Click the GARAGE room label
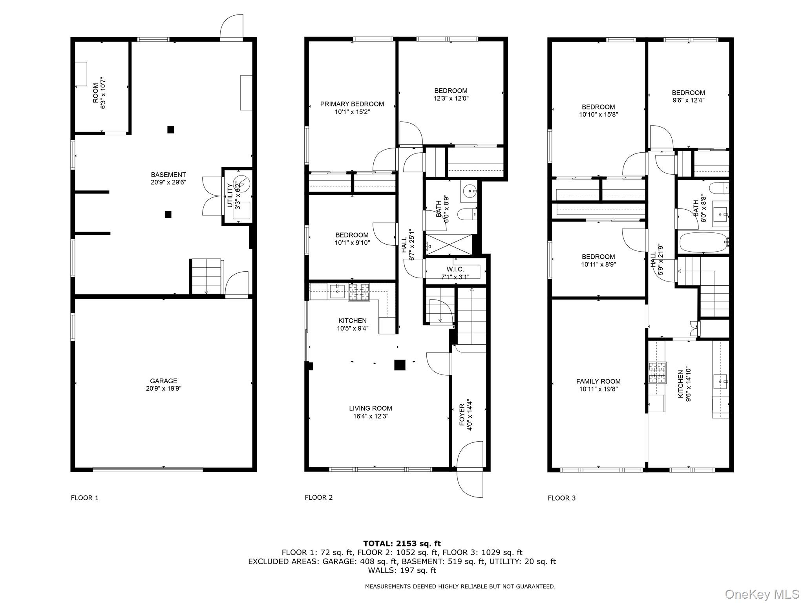[163, 381]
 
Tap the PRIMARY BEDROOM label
[352, 104]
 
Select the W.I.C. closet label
[455, 269]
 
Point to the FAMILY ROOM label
[598, 381]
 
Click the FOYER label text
[462, 415]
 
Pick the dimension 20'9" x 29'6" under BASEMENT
[168, 182]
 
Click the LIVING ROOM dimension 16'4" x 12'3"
[370, 416]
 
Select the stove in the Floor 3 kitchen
[657, 373]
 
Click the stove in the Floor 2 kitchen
[359, 292]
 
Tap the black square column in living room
[400, 365]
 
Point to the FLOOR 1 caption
[84, 498]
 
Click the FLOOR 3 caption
[561, 498]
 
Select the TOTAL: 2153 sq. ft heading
[402, 543]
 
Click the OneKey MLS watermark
[761, 594]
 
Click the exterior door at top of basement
[232, 27]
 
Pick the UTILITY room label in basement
[230, 196]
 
